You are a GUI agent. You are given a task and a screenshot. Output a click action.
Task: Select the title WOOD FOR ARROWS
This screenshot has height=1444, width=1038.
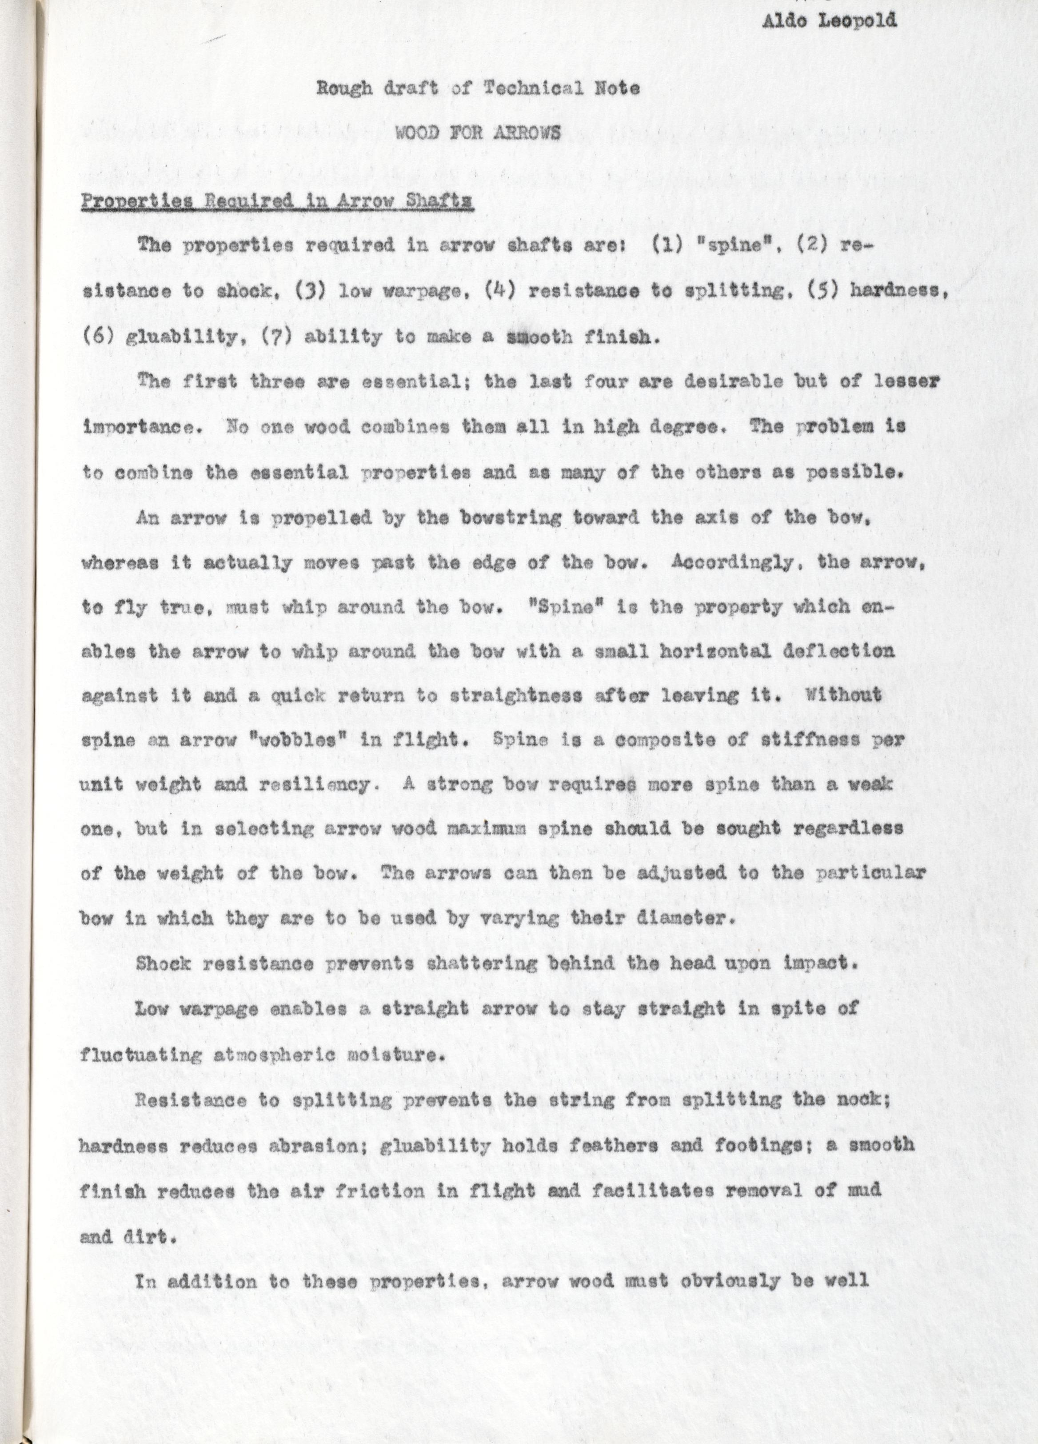(x=478, y=133)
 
